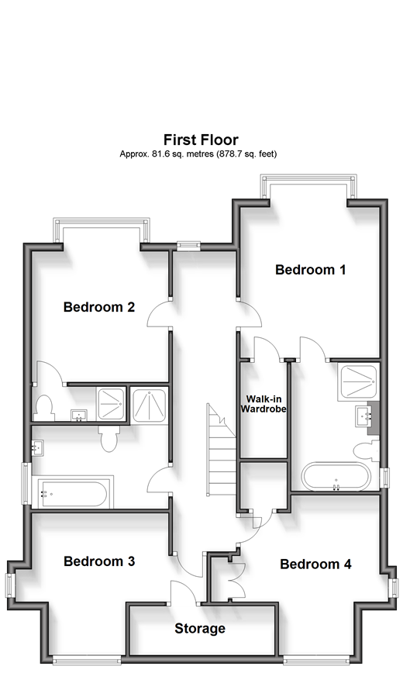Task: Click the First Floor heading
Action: [x=201, y=140]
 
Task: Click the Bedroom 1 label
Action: [x=310, y=270]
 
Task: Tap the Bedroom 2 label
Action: [x=99, y=307]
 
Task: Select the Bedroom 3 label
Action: [x=99, y=561]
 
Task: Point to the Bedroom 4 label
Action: [x=315, y=564]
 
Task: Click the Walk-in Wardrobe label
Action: [x=263, y=404]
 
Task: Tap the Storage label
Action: [x=200, y=628]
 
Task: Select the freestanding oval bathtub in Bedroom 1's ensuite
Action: [x=336, y=476]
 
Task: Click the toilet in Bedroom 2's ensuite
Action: [x=43, y=408]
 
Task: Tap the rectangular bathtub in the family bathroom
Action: [x=72, y=494]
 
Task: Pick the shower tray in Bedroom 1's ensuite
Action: [x=357, y=381]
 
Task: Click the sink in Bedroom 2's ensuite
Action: [x=78, y=416]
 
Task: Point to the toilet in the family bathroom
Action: [x=108, y=439]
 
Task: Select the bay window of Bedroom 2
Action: [x=102, y=230]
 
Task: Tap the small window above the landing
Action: [x=188, y=245]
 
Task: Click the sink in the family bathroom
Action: [x=37, y=448]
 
